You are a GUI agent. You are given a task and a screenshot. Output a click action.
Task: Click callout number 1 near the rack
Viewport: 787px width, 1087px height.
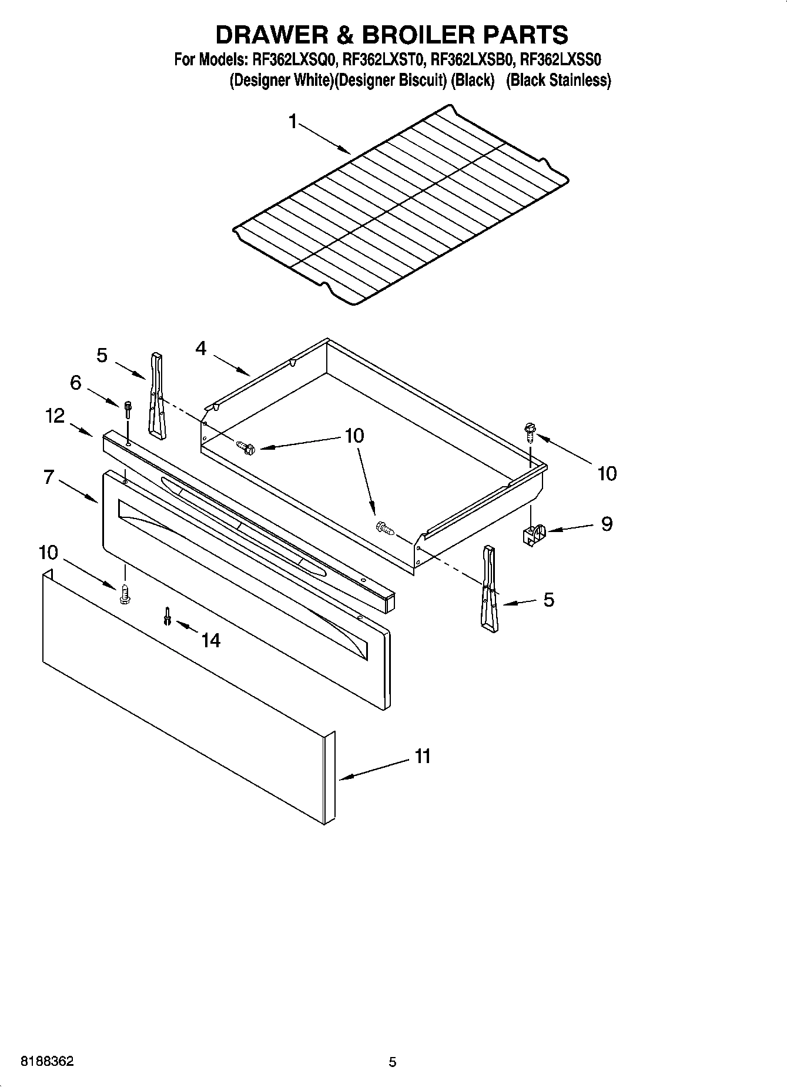pyautogui.click(x=293, y=122)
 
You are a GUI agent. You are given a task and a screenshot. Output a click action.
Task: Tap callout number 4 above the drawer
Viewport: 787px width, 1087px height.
pyautogui.click(x=201, y=349)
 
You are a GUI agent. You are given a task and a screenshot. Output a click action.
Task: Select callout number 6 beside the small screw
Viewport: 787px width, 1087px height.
pyautogui.click(x=76, y=383)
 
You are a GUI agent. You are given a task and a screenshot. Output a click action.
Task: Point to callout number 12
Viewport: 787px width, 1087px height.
pyautogui.click(x=55, y=416)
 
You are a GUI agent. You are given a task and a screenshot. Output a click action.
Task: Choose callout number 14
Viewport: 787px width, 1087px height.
pyautogui.click(x=210, y=640)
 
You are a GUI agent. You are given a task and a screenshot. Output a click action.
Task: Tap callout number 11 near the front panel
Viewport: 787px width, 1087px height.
pyautogui.click(x=423, y=756)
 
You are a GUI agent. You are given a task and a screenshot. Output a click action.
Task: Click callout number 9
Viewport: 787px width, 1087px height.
pyautogui.click(x=607, y=524)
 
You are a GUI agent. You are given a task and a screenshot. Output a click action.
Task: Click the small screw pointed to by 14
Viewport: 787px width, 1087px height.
pyautogui.click(x=168, y=616)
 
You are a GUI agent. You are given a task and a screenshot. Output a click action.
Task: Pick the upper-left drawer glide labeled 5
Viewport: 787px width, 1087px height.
pyautogui.click(x=156, y=395)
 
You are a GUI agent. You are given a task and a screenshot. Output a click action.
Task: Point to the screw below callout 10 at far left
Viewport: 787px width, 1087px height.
pyautogui.click(x=125, y=594)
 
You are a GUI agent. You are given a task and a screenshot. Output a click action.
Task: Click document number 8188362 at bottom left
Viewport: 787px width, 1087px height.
pyautogui.click(x=47, y=1062)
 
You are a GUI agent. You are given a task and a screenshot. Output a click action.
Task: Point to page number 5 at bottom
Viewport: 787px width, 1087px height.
pyautogui.click(x=393, y=1062)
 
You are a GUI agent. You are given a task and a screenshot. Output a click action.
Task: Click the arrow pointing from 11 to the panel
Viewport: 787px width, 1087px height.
pyautogui.click(x=374, y=770)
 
